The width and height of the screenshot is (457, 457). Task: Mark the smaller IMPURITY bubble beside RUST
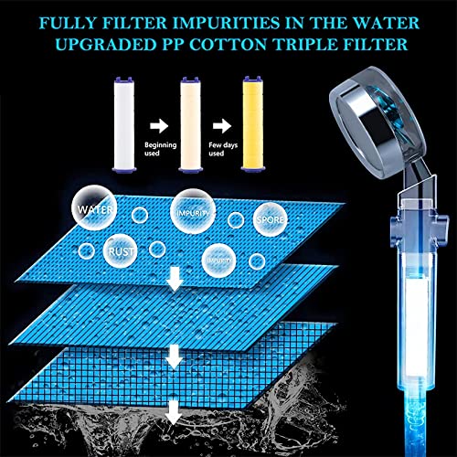(x=218, y=260)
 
